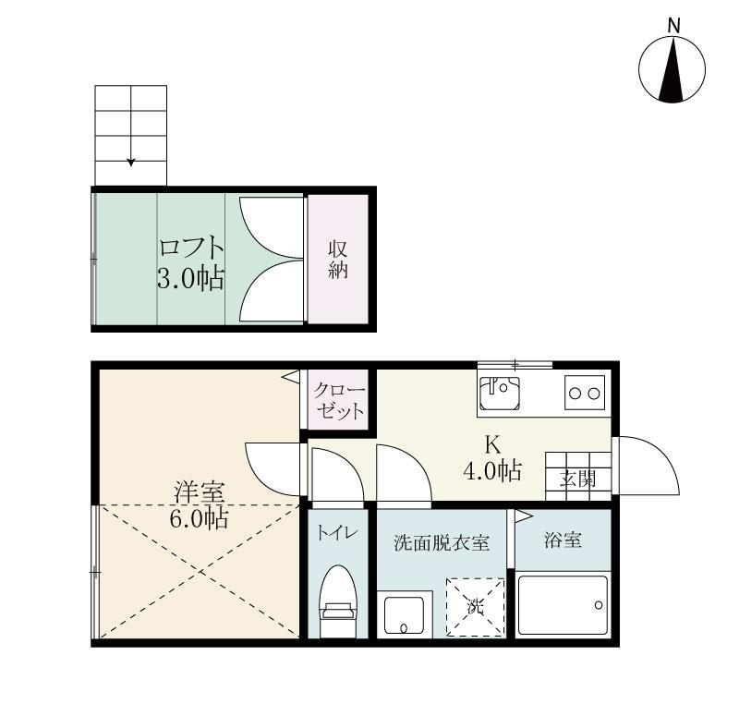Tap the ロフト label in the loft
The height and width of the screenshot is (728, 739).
tap(191, 249)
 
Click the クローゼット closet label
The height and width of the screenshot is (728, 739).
tap(338, 401)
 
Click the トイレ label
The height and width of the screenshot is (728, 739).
tap(337, 533)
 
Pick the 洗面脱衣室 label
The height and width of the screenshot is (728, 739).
tap(441, 543)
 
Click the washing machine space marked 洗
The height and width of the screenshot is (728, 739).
tap(475, 606)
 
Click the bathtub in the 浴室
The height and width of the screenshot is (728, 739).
tap(563, 606)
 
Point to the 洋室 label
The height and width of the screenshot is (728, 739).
tap(197, 492)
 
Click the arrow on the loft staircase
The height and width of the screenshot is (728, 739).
tap(131, 159)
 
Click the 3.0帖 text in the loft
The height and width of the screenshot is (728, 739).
tap(190, 279)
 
